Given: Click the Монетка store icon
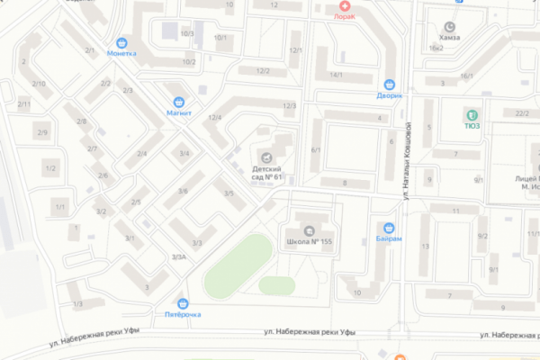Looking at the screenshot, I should click(121, 41).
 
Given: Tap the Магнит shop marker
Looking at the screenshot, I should click(180, 102).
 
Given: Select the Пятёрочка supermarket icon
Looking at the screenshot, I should click(184, 303).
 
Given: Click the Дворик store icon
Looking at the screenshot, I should click(390, 83).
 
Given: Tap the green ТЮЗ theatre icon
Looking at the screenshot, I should click(470, 114).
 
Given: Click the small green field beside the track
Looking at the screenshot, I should click(277, 284).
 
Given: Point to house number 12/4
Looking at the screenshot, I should click(215, 118).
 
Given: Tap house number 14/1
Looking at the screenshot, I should click(337, 75).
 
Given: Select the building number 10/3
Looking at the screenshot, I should click(186, 33).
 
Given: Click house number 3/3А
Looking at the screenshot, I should click(178, 257).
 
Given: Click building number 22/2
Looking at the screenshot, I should click(521, 112).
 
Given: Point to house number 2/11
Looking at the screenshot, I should click(24, 104).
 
